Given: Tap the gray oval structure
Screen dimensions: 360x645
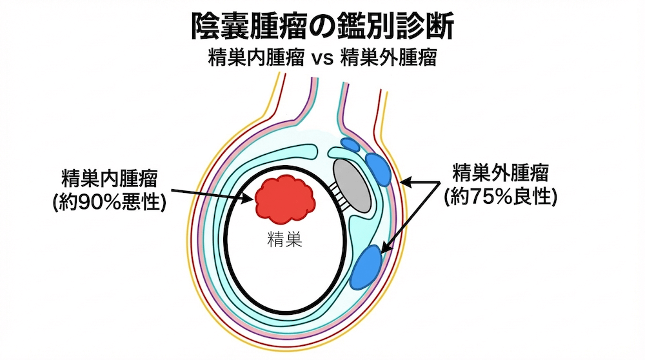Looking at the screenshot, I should [x=352, y=185].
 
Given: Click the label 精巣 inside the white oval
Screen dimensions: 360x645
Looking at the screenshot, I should [x=284, y=241].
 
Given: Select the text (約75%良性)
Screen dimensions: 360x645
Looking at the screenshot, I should [x=501, y=197].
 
